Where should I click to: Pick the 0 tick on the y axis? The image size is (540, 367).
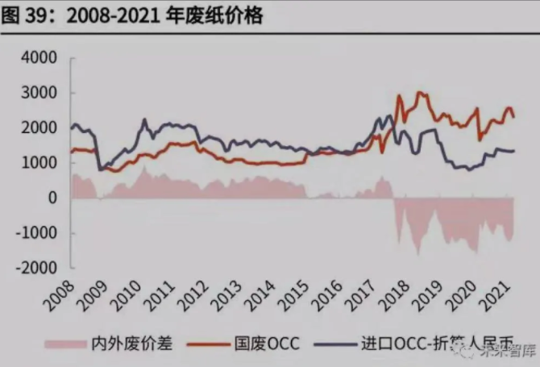[52, 198]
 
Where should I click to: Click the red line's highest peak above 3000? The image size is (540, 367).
[419, 92]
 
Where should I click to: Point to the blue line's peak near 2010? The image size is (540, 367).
[145, 119]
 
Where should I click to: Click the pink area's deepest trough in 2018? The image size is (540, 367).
[417, 255]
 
